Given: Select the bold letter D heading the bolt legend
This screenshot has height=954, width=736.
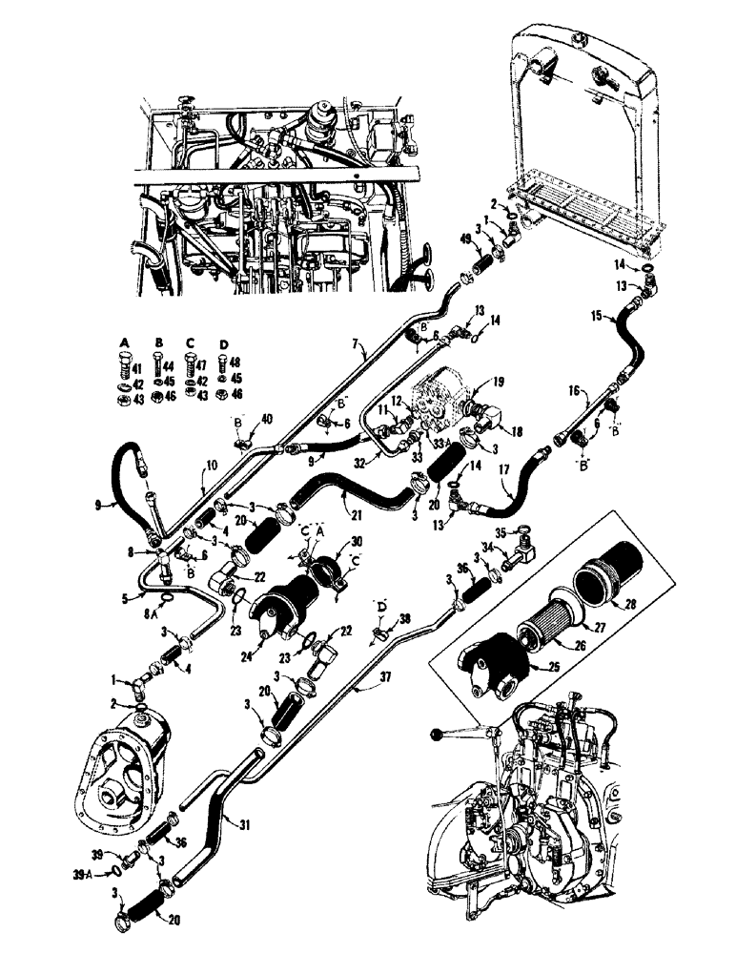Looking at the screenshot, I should point(224,344).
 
